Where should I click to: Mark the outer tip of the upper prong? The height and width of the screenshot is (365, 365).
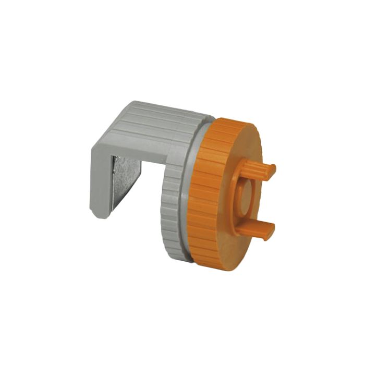(x=272, y=170)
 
